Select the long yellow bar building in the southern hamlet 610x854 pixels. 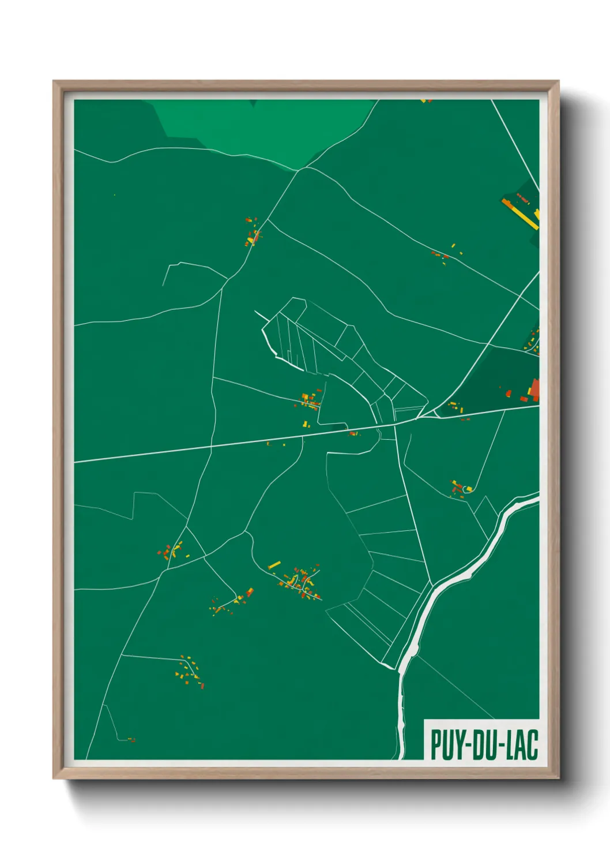[274, 564]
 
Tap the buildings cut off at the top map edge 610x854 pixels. [426, 101]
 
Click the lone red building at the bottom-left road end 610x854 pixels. [131, 740]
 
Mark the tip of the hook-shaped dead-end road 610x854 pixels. [163, 285]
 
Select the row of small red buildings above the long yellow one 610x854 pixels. [522, 198]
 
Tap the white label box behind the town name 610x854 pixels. [482, 740]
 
